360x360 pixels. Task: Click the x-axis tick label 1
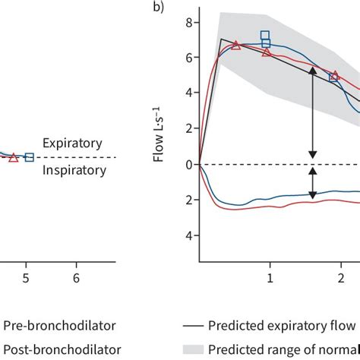[x=269, y=278]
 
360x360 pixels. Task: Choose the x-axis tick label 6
[x=77, y=278]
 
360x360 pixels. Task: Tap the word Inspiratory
[x=74, y=170]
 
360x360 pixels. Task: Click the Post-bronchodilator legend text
[x=62, y=349]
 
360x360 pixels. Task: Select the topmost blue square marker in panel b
[x=265, y=35]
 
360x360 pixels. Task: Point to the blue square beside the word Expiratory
[x=30, y=157]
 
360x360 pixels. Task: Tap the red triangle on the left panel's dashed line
[x=13, y=157]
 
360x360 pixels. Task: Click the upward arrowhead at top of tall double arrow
[x=311, y=70]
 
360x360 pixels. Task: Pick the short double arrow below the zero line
[x=311, y=184]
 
